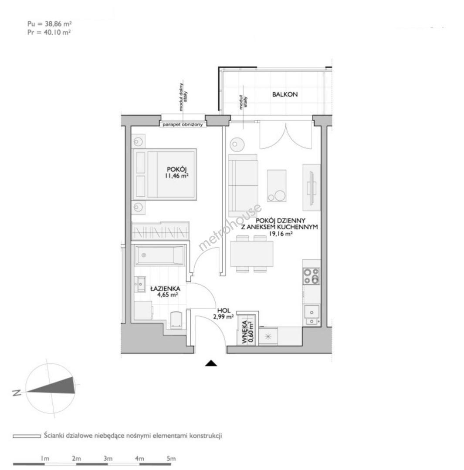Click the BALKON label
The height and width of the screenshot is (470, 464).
click(285, 94)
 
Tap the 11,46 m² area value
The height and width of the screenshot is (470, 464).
click(176, 176)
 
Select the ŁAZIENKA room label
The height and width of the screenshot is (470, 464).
click(166, 289)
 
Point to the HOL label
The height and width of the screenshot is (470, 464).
click(224, 311)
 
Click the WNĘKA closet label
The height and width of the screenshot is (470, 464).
click(244, 332)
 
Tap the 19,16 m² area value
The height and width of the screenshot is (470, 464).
click(281, 234)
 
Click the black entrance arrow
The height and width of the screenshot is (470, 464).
click(211, 363)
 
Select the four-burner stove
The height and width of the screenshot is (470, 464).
click(311, 276)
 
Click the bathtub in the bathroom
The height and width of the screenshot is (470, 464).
click(159, 255)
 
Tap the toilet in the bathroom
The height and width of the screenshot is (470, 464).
click(176, 320)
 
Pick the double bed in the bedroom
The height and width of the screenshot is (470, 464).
click(165, 174)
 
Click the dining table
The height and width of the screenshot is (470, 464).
click(252, 254)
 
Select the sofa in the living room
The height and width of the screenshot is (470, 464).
click(243, 185)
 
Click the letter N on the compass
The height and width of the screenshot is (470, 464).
click(17, 393)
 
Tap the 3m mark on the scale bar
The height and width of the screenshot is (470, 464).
click(108, 458)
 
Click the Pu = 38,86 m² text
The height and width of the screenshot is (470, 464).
click(50, 24)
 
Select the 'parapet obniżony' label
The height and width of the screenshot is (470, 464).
click(183, 124)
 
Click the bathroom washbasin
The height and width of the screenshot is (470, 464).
click(140, 284)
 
